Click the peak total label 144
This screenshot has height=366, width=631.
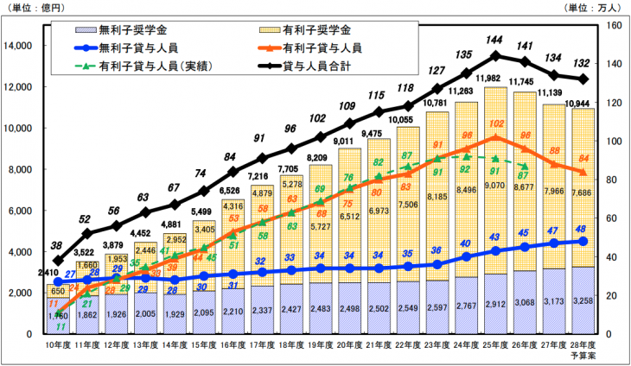pyautogui.click(x=495, y=41)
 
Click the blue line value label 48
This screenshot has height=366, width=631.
pyautogui.click(x=582, y=229)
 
